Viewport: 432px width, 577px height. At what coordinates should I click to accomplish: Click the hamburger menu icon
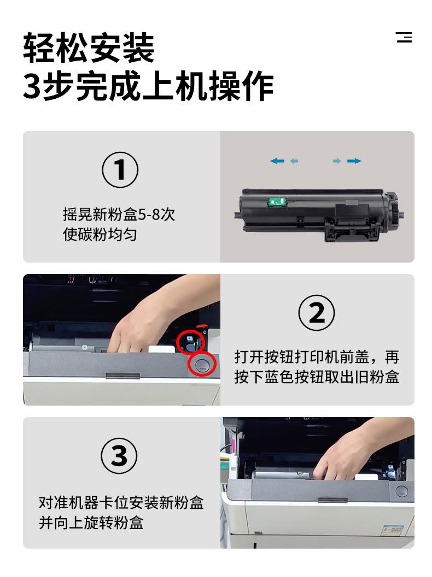pyautogui.click(x=404, y=37)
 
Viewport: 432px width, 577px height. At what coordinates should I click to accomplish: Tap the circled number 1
pyautogui.click(x=120, y=170)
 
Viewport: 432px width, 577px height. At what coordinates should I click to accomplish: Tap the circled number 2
pyautogui.click(x=316, y=313)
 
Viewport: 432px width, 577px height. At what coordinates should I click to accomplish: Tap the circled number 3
pyautogui.click(x=119, y=456)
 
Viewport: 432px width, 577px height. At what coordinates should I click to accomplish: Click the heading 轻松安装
pyautogui.click(x=89, y=48)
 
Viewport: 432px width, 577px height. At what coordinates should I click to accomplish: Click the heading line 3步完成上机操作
pyautogui.click(x=148, y=86)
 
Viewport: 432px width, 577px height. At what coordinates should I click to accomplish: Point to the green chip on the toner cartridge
pyautogui.click(x=277, y=201)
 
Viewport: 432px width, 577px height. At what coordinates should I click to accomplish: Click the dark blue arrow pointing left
pyautogui.click(x=277, y=161)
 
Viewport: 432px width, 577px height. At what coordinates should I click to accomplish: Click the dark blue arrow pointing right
pyautogui.click(x=354, y=161)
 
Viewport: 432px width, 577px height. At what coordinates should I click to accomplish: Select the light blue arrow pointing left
pyautogui.click(x=294, y=161)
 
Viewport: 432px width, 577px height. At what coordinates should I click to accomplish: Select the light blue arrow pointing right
pyautogui.click(x=336, y=161)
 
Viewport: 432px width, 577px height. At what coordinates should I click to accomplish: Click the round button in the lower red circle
pyautogui.click(x=202, y=365)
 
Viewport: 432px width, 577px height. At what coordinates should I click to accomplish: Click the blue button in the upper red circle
pyautogui.click(x=190, y=339)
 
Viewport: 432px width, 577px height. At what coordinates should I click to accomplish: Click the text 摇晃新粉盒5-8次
pyautogui.click(x=119, y=215)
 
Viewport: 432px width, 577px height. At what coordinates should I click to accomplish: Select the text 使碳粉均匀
pyautogui.click(x=100, y=234)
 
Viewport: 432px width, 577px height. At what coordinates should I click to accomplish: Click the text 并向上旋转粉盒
pyautogui.click(x=91, y=522)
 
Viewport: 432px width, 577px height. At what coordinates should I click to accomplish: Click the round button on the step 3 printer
pyautogui.click(x=401, y=491)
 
